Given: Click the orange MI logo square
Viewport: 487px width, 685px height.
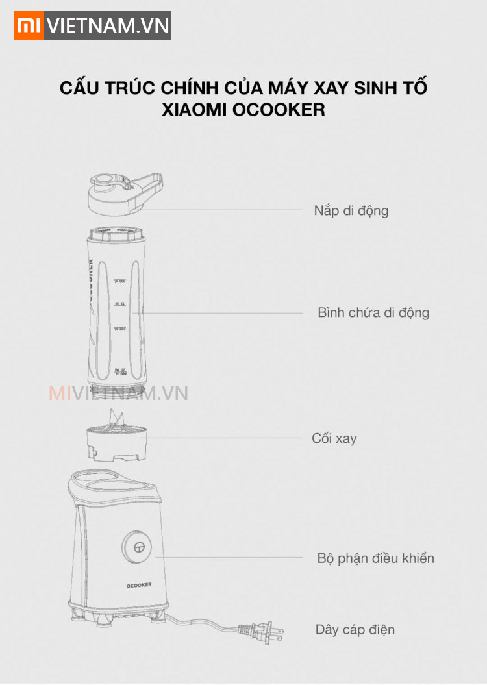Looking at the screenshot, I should (x=29, y=25).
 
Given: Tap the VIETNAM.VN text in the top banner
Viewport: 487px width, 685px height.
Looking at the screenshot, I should (x=108, y=26).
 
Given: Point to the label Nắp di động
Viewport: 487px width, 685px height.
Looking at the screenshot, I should (x=351, y=211).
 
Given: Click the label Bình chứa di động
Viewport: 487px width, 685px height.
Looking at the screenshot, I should (x=373, y=313).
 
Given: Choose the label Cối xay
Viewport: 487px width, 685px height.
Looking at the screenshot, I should (x=334, y=438).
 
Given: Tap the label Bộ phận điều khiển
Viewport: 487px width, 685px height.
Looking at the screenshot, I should (x=375, y=558).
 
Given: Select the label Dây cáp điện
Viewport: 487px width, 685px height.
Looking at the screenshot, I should (x=355, y=630).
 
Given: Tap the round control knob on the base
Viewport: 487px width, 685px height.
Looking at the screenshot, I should (x=138, y=548).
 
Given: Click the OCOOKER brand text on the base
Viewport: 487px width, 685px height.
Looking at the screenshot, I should (x=138, y=584).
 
